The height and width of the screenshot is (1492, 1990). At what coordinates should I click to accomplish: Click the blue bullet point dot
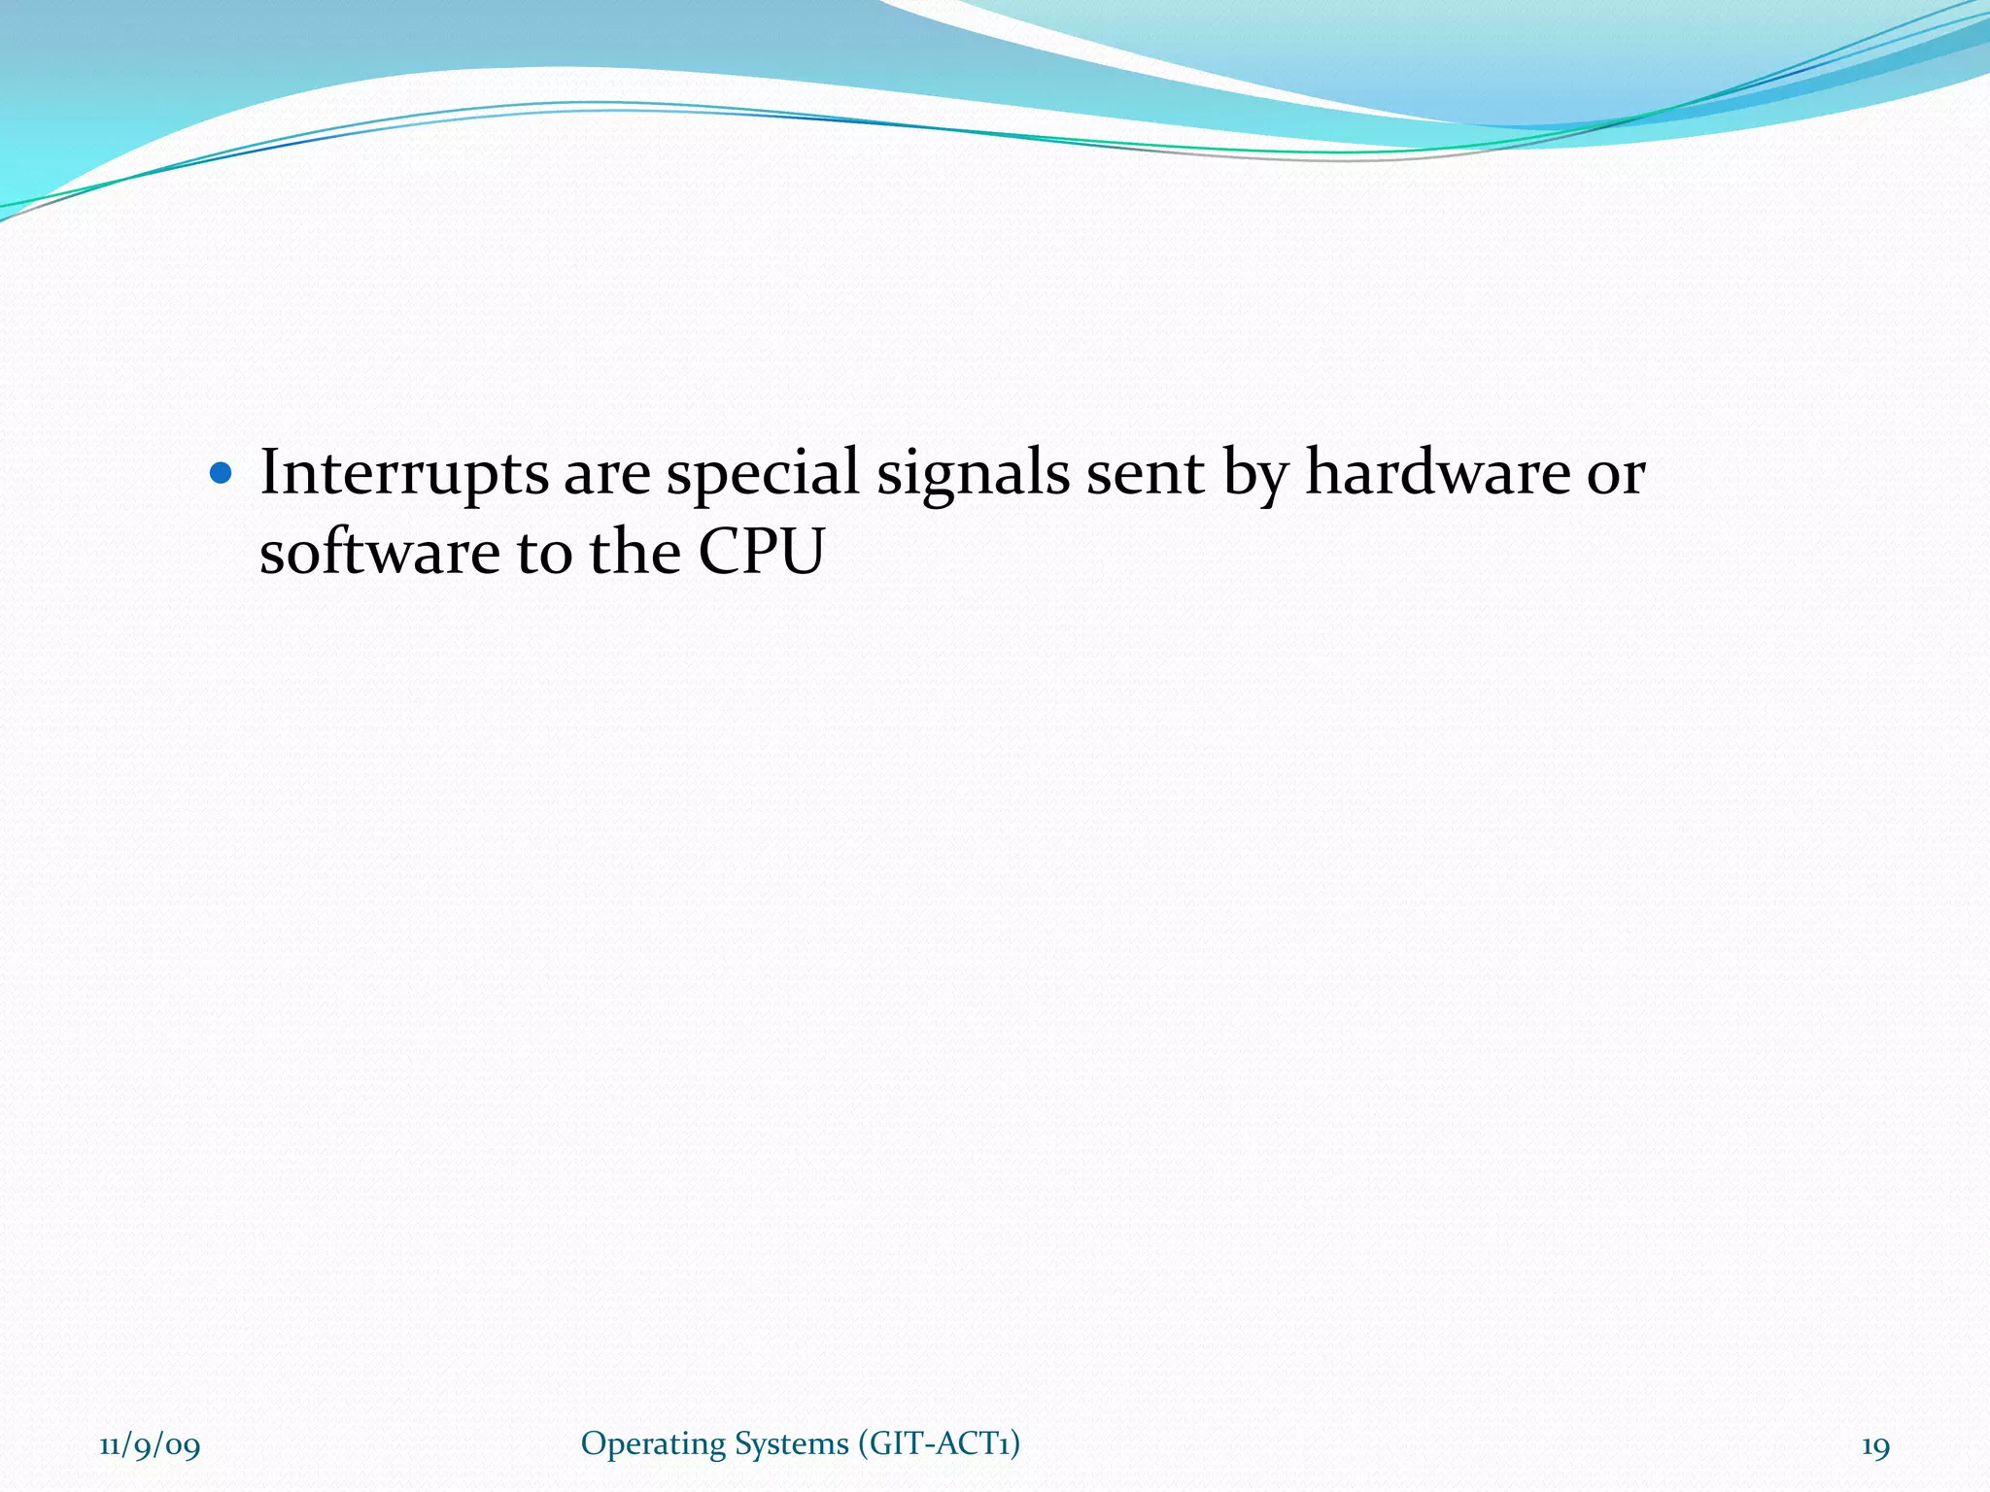pos(222,474)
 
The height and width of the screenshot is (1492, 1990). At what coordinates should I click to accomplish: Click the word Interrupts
pos(403,474)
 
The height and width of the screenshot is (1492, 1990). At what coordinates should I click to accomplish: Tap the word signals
pos(973,474)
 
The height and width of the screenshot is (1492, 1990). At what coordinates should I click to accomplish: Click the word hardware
pos(1437,472)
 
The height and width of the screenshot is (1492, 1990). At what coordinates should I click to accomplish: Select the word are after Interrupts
pos(607,474)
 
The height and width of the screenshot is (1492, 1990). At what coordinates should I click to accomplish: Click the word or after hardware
pos(1616,474)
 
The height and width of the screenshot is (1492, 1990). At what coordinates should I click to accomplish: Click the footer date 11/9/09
pos(150,1446)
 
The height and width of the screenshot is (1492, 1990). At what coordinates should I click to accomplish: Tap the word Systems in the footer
pos(791,1444)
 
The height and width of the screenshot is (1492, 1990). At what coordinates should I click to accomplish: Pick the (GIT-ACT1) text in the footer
pos(939,1443)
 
